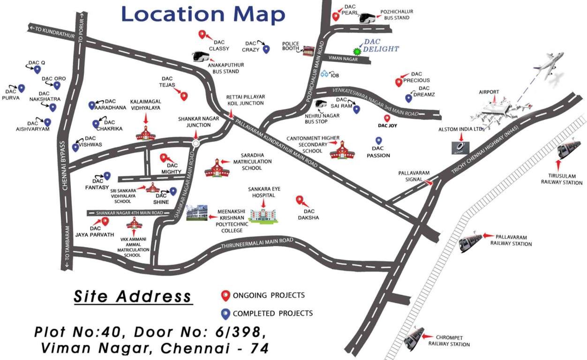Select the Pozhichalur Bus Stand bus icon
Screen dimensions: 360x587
click(369, 18)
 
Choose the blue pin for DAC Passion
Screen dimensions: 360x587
click(379, 141)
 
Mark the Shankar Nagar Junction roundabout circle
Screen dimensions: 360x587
click(196, 143)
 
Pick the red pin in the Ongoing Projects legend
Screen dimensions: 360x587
click(226, 295)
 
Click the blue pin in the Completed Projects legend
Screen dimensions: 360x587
click(226, 314)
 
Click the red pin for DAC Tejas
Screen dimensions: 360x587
click(184, 96)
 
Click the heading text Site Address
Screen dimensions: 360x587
click(133, 296)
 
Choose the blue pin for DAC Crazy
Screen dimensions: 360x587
click(266, 49)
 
